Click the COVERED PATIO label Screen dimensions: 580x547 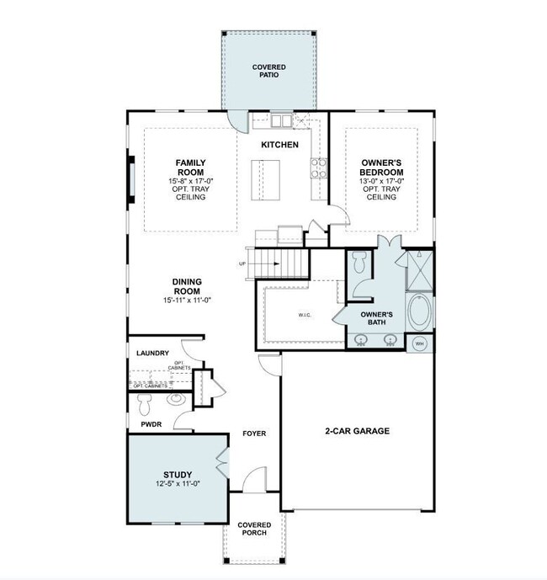point(268,71)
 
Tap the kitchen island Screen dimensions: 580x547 point(271,178)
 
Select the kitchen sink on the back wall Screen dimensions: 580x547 point(281,121)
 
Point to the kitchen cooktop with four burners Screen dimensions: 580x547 point(318,168)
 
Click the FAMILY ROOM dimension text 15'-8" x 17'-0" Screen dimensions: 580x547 point(191,181)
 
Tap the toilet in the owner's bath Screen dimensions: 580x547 point(358,267)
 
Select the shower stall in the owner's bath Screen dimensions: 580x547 point(417,269)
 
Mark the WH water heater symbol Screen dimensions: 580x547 point(419,344)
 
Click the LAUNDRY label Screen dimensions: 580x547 point(152,354)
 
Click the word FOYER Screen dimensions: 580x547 point(254,434)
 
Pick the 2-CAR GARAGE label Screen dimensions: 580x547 point(357,431)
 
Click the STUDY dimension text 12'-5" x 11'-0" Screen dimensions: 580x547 point(178,483)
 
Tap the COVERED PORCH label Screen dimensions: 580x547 point(254,529)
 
